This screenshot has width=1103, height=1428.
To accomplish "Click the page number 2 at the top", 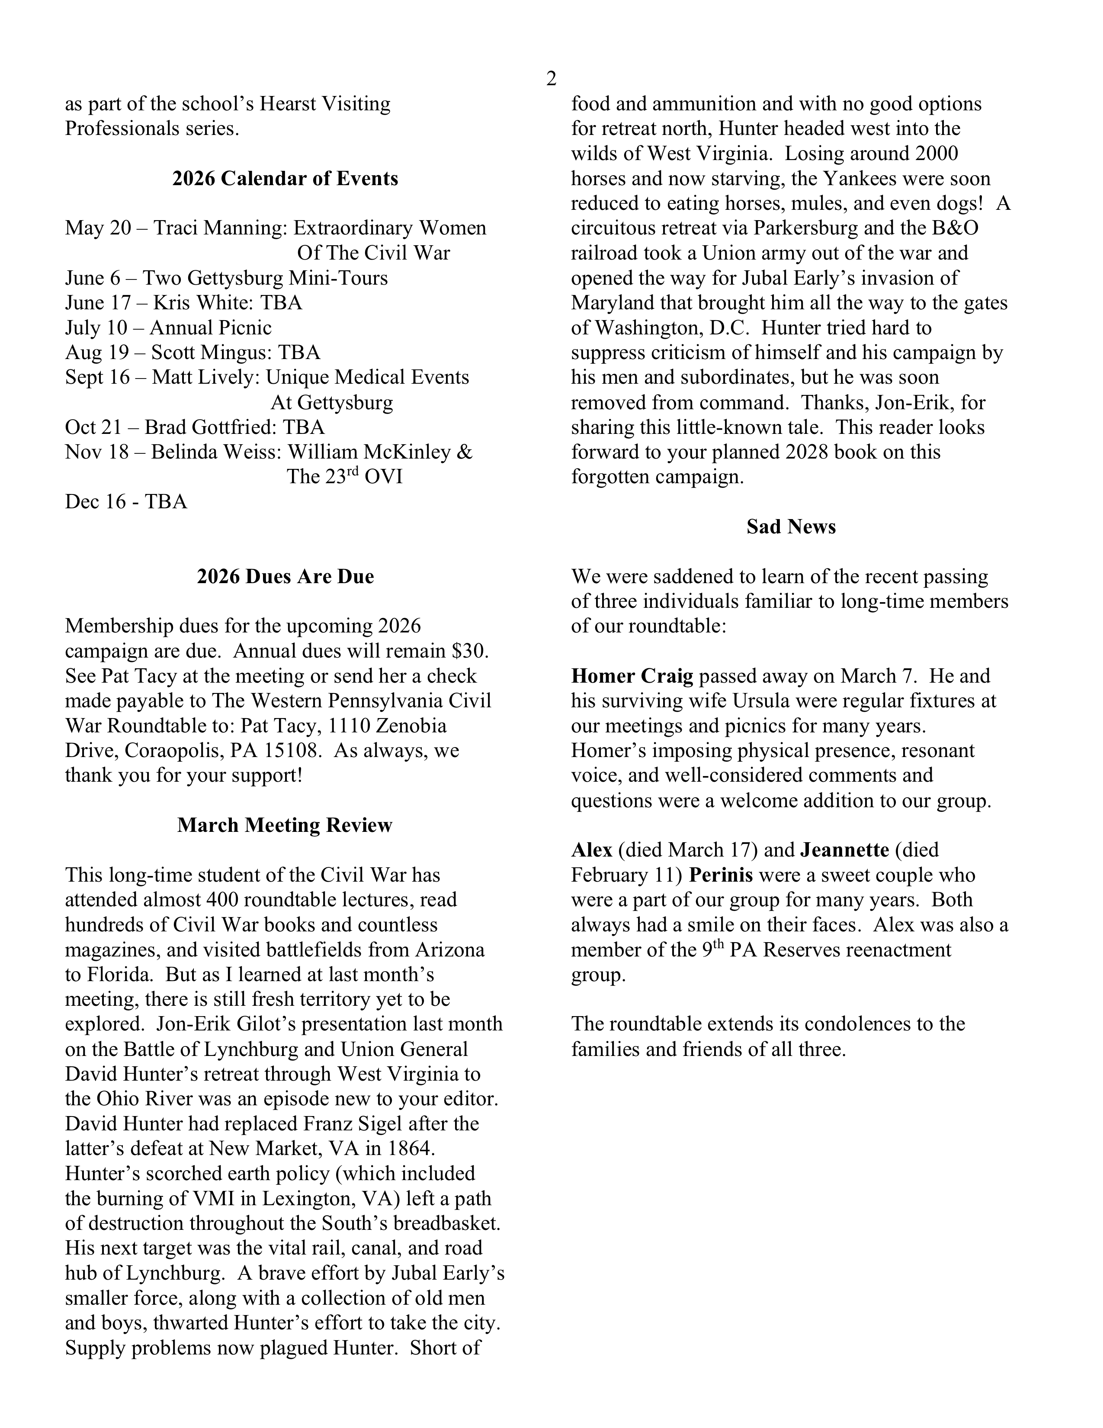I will [x=551, y=79].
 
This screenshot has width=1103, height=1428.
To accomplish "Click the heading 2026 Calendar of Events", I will [x=285, y=179].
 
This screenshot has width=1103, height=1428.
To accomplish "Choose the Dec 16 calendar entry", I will [x=125, y=501].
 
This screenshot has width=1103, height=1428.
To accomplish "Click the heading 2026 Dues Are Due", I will [x=285, y=577].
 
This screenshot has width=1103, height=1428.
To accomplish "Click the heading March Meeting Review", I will [x=285, y=825].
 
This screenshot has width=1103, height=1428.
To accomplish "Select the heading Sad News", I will [x=790, y=527].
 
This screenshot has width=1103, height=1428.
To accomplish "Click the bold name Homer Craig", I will [x=632, y=676].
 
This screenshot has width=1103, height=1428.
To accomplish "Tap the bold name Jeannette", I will [x=844, y=850].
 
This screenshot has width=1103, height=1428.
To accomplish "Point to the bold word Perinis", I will [x=721, y=875].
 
